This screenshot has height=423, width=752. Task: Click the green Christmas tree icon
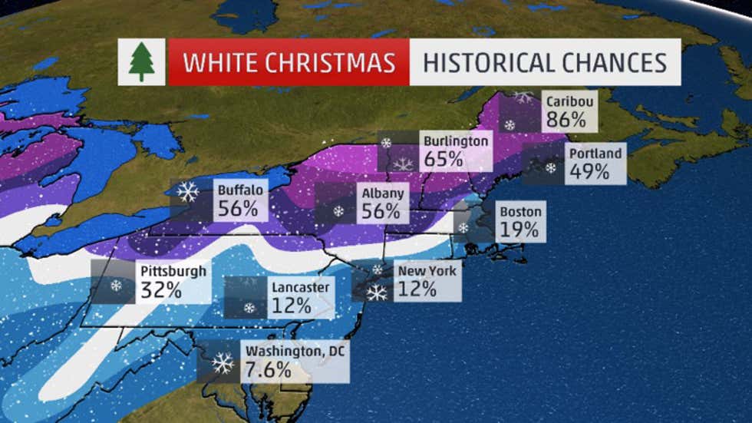[141, 62]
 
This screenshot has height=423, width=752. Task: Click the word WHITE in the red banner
[226, 62]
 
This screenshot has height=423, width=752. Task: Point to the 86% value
[566, 120]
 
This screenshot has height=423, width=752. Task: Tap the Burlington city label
[455, 141]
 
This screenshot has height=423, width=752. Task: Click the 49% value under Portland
[589, 172]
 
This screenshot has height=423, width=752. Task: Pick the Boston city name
[521, 211]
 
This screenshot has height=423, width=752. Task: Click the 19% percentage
[519, 230]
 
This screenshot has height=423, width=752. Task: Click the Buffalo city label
[241, 189]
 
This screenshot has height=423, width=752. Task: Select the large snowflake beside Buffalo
[188, 192]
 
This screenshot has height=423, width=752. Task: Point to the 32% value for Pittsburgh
[161, 291]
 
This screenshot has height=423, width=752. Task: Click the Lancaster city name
[301, 287]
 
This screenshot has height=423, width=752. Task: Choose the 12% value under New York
[417, 289]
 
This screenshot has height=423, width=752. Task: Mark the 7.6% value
[269, 369]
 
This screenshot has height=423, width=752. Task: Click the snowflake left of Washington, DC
[223, 362]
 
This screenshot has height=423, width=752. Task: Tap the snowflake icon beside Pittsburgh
[117, 286]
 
